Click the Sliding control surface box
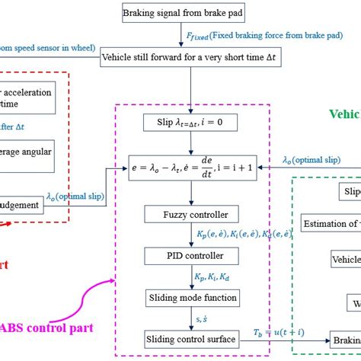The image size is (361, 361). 191,337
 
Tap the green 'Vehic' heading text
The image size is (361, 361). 344,114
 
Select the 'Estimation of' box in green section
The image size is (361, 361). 331,224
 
